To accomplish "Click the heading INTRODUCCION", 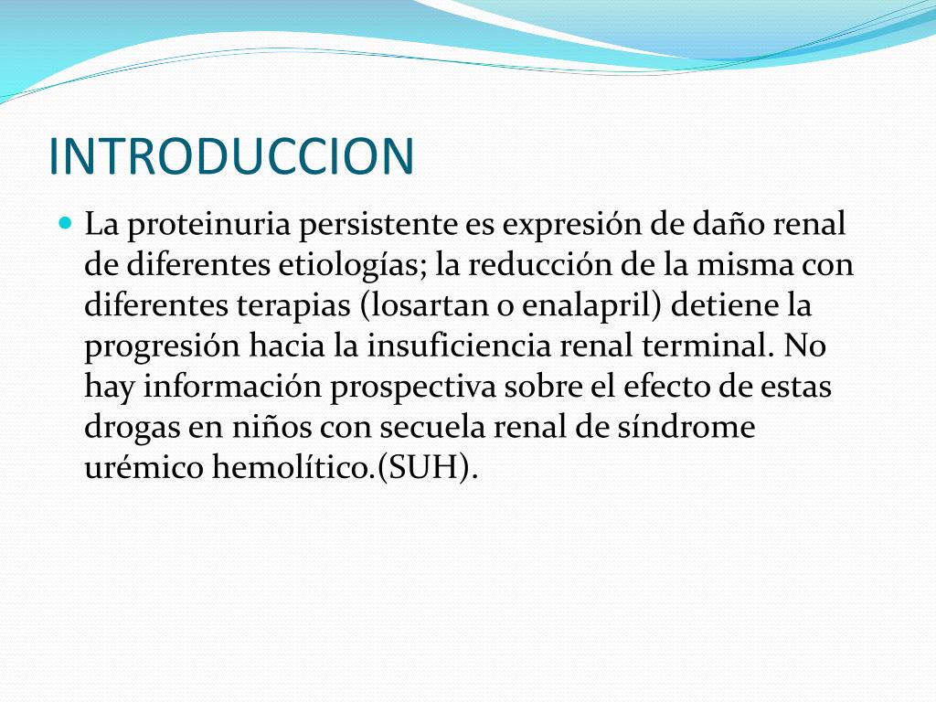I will pyautogui.click(x=231, y=155).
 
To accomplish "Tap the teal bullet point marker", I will pyautogui.click(x=64, y=222).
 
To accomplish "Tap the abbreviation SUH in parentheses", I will pyautogui.click(x=429, y=468).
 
